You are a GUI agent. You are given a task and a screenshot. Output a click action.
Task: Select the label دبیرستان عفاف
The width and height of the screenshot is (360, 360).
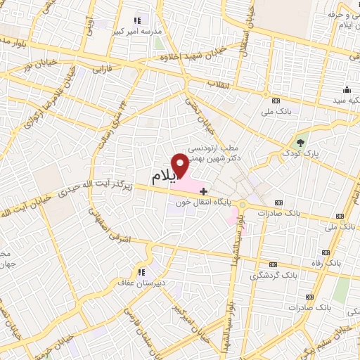pyautogui.click(x=140, y=283)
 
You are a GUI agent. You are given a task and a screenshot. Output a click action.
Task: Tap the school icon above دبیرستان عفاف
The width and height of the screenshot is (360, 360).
pyautogui.click(x=141, y=272)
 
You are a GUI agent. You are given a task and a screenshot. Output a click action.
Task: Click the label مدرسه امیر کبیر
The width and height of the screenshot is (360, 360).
pyautogui.click(x=140, y=32)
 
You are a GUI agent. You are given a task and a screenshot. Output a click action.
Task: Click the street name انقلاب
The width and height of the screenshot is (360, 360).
pyautogui.click(x=219, y=84)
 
